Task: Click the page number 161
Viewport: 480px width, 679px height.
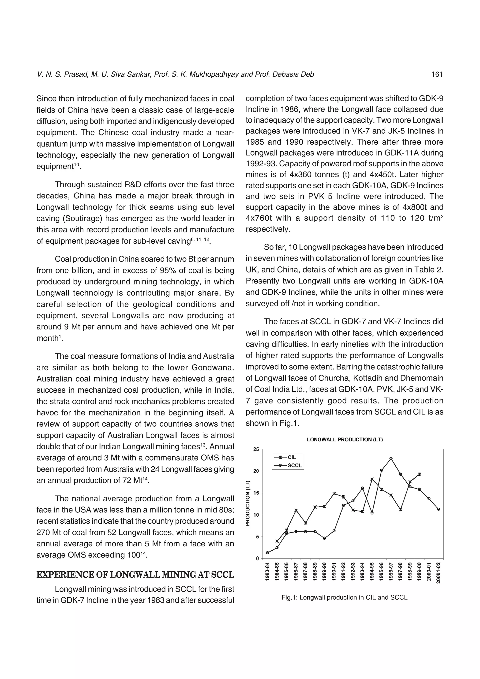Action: coord(437,75)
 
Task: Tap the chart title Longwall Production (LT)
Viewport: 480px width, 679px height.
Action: coord(345,440)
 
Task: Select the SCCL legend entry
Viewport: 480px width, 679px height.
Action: coord(294,466)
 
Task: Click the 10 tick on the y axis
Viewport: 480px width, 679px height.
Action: coord(256,515)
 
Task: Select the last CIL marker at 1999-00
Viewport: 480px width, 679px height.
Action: coord(419,474)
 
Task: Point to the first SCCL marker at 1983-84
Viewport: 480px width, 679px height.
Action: coord(267,553)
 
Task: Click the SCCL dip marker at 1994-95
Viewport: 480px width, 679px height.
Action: coord(372,513)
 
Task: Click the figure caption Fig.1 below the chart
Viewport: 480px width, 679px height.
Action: coord(344,598)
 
